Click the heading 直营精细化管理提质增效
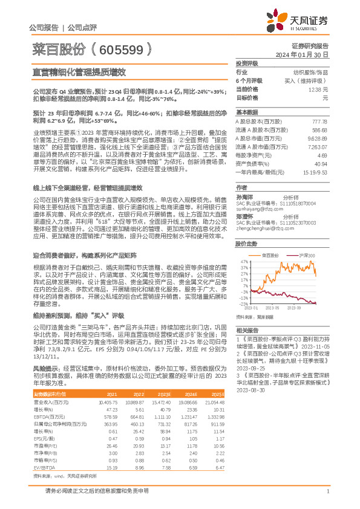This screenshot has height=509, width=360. click(79, 71)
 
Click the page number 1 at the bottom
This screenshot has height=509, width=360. click(327, 499)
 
